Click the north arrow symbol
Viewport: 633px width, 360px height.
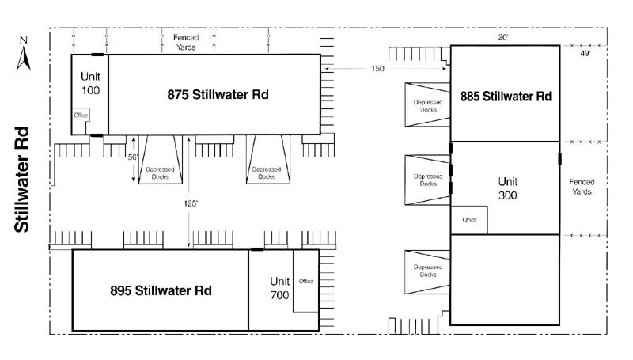25,53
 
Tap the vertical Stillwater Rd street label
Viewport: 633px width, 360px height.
23,180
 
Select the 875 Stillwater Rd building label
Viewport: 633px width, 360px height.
218,94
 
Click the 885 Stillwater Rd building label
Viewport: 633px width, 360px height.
506,97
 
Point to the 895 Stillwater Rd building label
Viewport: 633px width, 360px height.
161,290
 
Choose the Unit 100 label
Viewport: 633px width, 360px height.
89,84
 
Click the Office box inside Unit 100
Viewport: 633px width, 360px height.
81,115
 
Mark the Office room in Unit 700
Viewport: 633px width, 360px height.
305,281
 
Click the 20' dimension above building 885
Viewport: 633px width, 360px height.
502,37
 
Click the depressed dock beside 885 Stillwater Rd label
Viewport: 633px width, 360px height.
426,105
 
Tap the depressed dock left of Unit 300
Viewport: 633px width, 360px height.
426,180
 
